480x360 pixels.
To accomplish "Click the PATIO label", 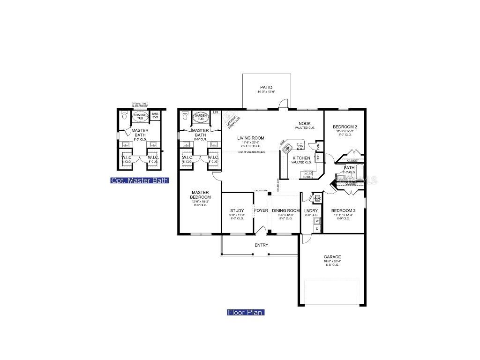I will pos(266,87).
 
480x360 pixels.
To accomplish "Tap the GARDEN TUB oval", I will pos(201,117).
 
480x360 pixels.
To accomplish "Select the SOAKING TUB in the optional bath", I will pos(139,116).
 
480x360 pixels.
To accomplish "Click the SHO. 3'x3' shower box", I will pos(155,115).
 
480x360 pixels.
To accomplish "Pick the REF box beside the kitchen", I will pos(318,158).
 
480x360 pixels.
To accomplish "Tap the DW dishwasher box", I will pos(301,147).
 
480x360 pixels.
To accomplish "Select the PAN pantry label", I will pos(318,146).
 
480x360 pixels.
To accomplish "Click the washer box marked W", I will pos(317,220).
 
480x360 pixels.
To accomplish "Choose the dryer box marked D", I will pos(317,228).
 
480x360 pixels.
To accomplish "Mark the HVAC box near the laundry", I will pos(317,198).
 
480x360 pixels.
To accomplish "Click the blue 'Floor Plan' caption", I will pos(246,313).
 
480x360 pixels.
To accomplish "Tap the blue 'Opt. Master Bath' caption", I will pos(139,180).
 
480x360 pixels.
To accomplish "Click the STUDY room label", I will pos(237,210).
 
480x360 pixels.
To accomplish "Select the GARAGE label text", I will pos(332,257).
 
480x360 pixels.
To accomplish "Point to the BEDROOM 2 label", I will pos(345,127).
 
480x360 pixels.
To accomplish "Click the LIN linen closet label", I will pos(216,112).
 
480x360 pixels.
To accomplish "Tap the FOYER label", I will pos(261,210).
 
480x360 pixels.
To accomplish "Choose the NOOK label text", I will pos(305,123).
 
